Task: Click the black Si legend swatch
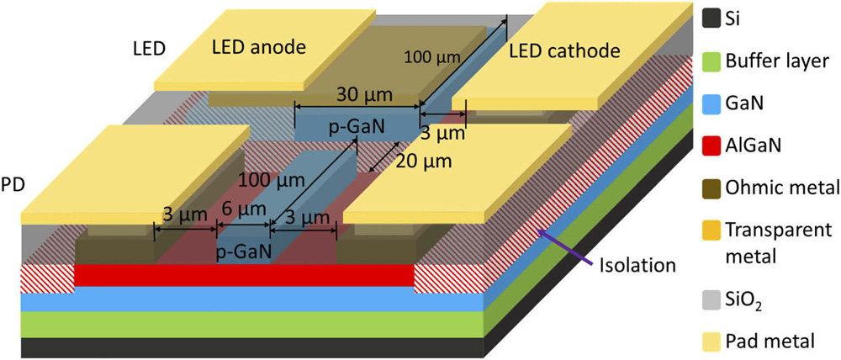coord(712,16)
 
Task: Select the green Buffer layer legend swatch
coord(712,61)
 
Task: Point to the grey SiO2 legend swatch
coord(712,297)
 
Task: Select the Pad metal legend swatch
coord(712,341)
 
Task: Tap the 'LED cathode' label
coord(564,51)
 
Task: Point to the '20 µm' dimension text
coord(425,160)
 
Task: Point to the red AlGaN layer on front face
coord(244,275)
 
